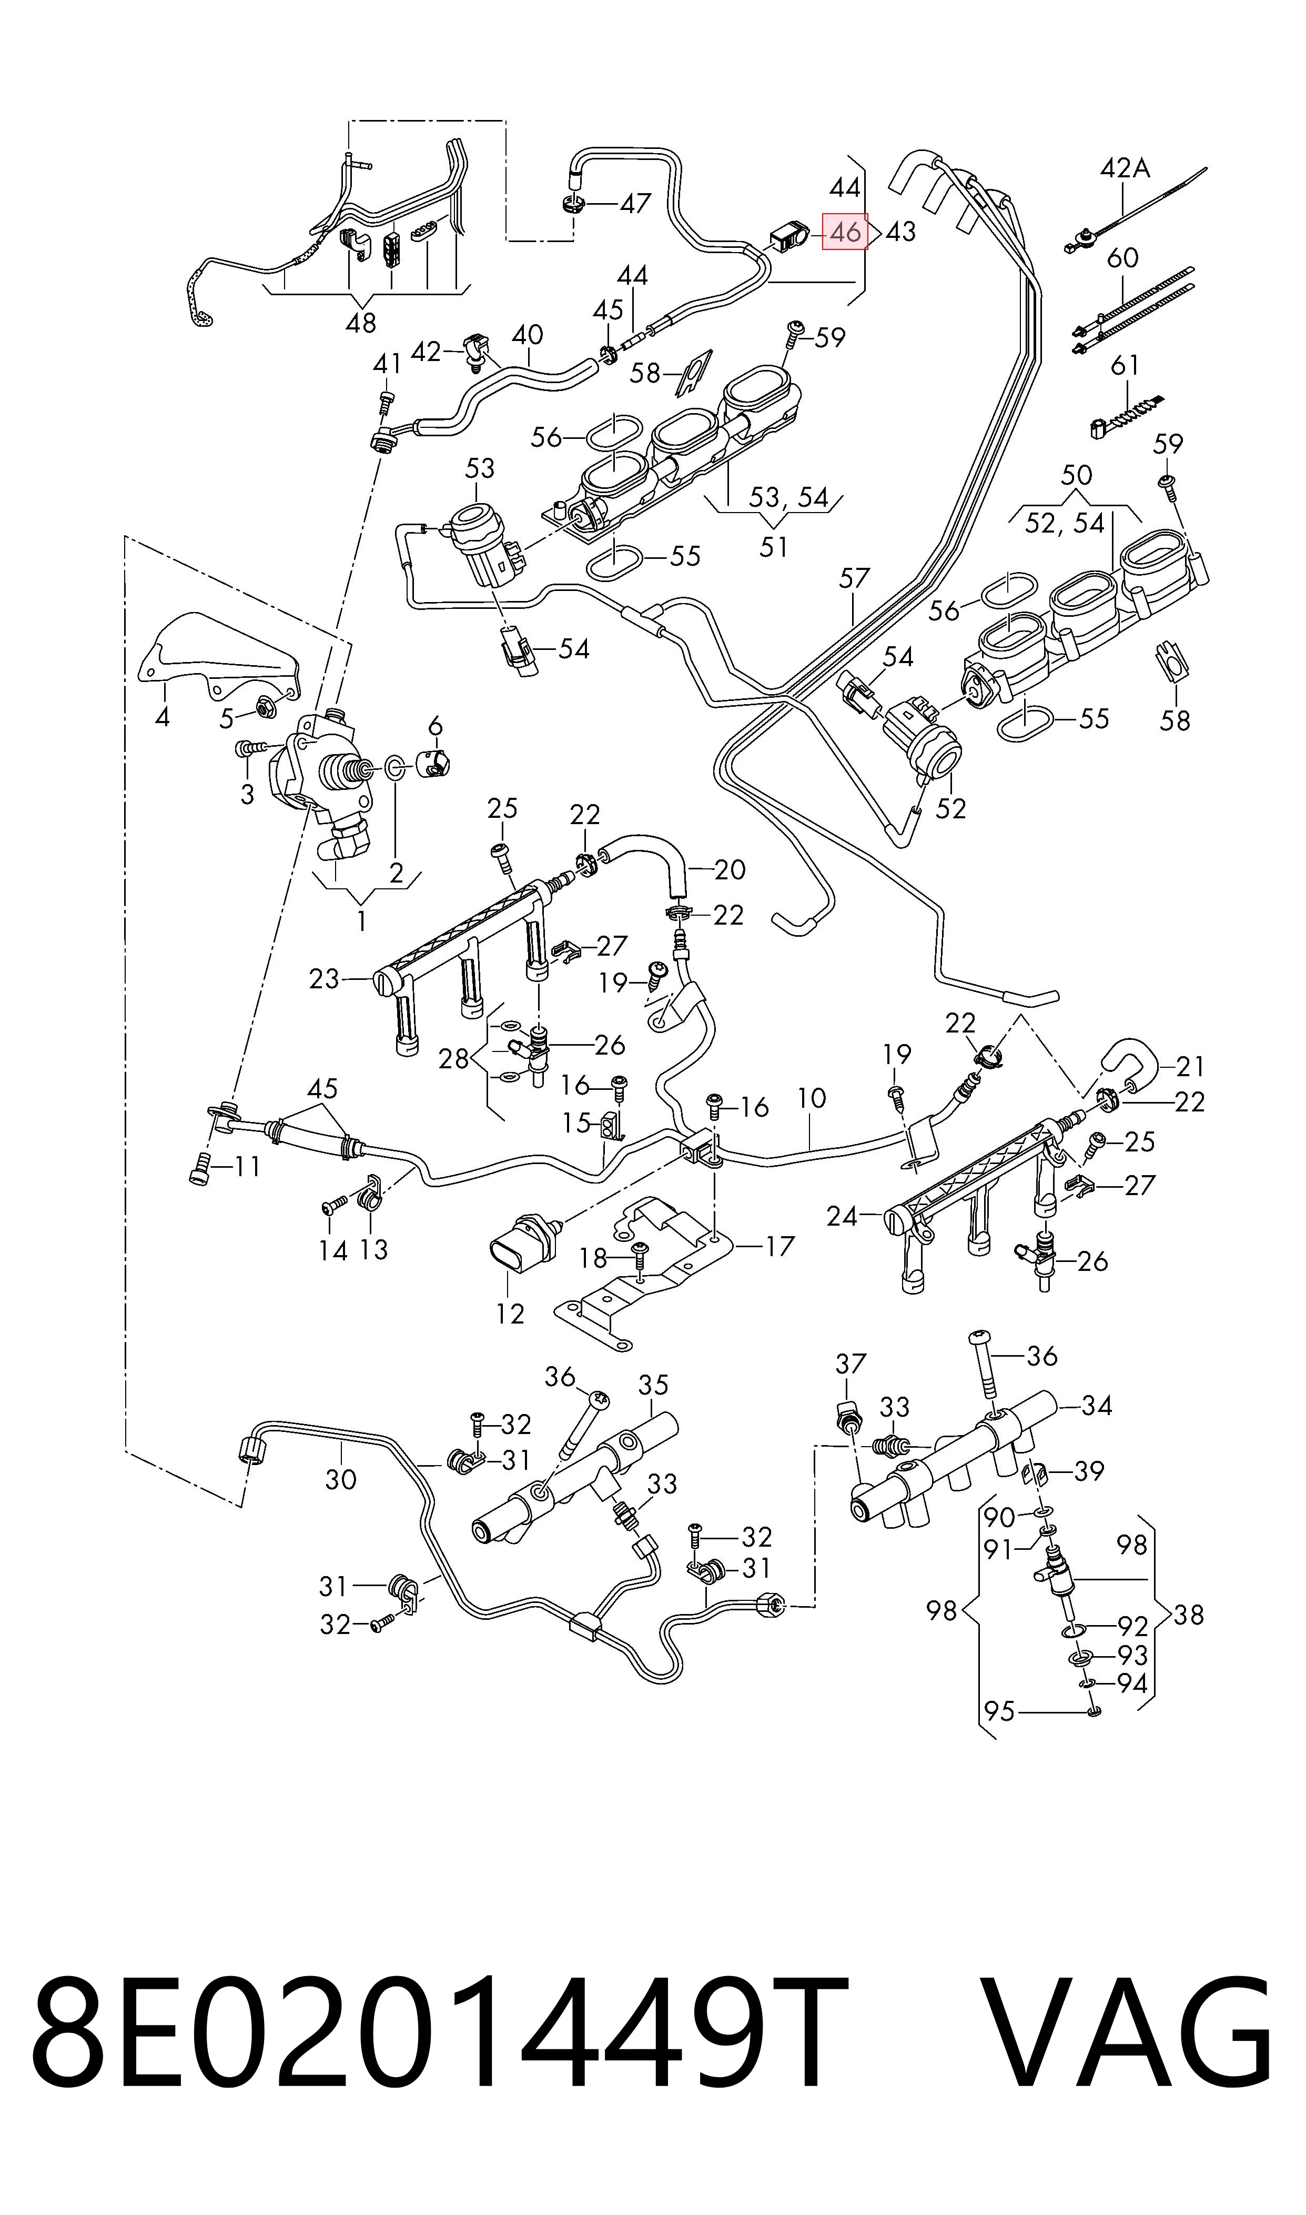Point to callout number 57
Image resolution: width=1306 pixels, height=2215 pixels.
pyautogui.click(x=854, y=578)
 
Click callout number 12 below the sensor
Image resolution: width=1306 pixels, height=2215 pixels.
pyautogui.click(x=510, y=1314)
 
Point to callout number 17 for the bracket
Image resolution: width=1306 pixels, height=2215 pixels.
pyautogui.click(x=779, y=1246)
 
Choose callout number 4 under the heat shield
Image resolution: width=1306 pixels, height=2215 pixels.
pyautogui.click(x=162, y=717)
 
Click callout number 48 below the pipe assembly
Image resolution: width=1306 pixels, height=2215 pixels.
pyautogui.click(x=361, y=323)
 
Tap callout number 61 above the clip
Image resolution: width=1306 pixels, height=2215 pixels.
pyautogui.click(x=1125, y=365)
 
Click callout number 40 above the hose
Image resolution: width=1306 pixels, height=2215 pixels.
pyautogui.click(x=527, y=335)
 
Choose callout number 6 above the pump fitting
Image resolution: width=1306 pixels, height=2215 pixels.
pyautogui.click(x=435, y=726)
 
